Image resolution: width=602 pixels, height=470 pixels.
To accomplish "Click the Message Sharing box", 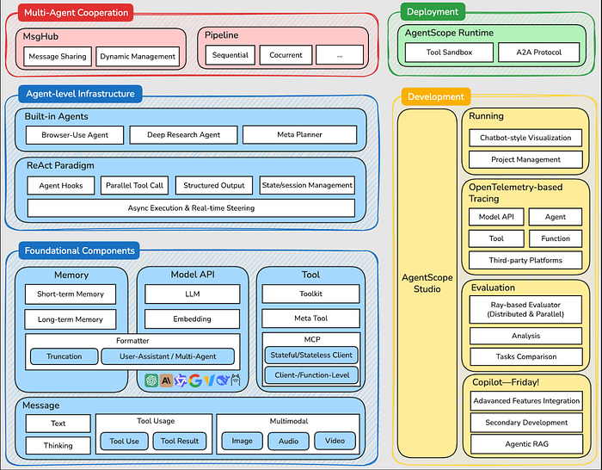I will (57, 57).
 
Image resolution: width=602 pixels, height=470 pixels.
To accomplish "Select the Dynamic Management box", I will (138, 57).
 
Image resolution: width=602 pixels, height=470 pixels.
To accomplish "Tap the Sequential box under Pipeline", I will (230, 55).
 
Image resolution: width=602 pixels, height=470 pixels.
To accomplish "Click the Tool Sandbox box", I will (448, 53).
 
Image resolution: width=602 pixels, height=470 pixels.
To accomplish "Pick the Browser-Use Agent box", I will (75, 135).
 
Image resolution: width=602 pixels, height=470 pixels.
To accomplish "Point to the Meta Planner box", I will (298, 134).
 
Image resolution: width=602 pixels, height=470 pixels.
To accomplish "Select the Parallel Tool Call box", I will (133, 185).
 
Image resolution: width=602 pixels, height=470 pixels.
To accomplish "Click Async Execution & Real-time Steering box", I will (191, 207).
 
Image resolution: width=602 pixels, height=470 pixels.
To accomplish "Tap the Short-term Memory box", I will (71, 294).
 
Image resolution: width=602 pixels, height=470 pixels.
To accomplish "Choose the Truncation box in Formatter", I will (64, 356).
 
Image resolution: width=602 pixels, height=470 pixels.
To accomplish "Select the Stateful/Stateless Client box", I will (310, 354).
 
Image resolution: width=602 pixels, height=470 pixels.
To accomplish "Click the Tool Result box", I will (179, 442).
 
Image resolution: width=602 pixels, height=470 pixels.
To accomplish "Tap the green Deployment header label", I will (433, 12).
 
